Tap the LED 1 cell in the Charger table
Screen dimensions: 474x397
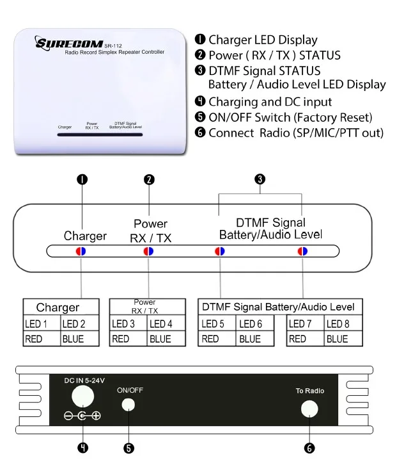pos(42,323)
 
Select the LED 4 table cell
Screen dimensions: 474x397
pos(160,323)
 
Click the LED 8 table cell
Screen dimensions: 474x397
pos(338,323)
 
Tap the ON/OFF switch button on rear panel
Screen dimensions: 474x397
pos(129,405)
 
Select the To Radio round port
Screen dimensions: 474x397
pos(310,409)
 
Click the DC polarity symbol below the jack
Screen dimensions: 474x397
pos(82,416)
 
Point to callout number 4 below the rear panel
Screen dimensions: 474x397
pos(82,448)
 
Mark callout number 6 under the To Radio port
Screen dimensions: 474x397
pos(310,448)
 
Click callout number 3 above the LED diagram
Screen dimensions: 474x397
pos(260,179)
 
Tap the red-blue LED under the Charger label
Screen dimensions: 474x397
pos(81,251)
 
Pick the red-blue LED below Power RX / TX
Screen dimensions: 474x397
pos(148,251)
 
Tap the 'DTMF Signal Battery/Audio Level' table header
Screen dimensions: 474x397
pos(278,307)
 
